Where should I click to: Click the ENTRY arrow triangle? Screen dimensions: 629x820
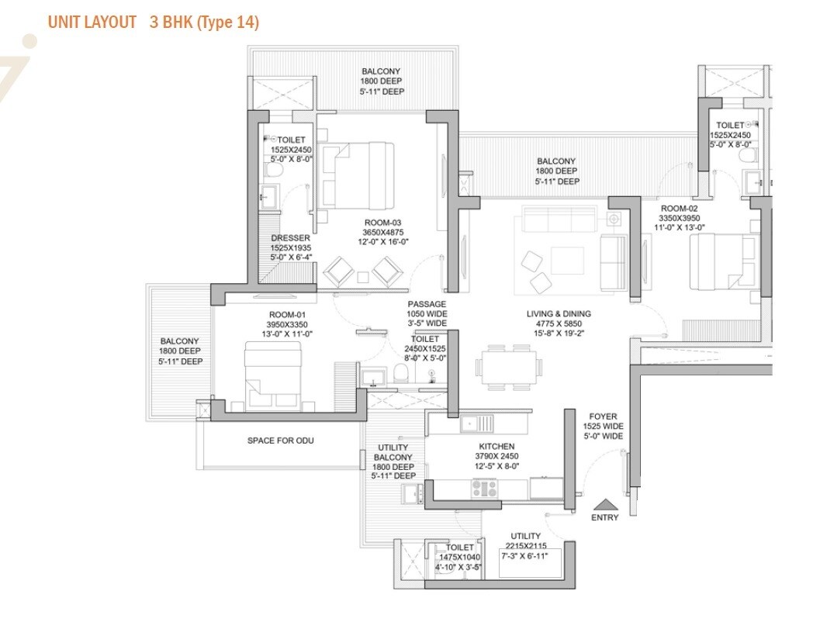tap(604, 503)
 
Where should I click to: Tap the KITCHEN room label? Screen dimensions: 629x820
tap(496, 447)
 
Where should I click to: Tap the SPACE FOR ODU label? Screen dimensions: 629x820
tap(280, 441)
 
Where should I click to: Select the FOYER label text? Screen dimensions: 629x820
tap(603, 416)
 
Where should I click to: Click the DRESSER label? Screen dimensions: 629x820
tap(291, 238)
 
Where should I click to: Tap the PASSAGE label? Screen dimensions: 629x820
tap(427, 304)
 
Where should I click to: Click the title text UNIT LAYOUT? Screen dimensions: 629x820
tap(92, 22)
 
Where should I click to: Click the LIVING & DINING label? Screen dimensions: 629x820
tap(558, 314)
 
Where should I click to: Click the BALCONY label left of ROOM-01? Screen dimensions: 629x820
tap(179, 341)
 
